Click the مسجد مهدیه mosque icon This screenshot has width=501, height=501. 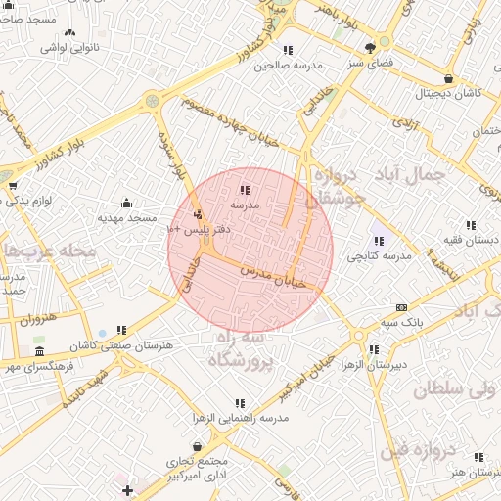[x=126, y=203]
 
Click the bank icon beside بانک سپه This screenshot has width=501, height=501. [x=401, y=307]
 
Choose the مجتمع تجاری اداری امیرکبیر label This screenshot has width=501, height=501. [x=199, y=469]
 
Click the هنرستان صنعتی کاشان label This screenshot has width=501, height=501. [x=124, y=345]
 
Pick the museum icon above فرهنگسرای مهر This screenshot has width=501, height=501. [x=39, y=351]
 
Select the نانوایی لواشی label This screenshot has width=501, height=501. [x=68, y=46]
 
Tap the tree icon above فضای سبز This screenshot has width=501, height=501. [x=371, y=47]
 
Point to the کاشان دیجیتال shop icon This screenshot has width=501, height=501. [x=448, y=79]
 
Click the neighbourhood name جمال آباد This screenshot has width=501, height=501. [x=409, y=174]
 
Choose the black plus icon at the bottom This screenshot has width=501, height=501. [x=127, y=489]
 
